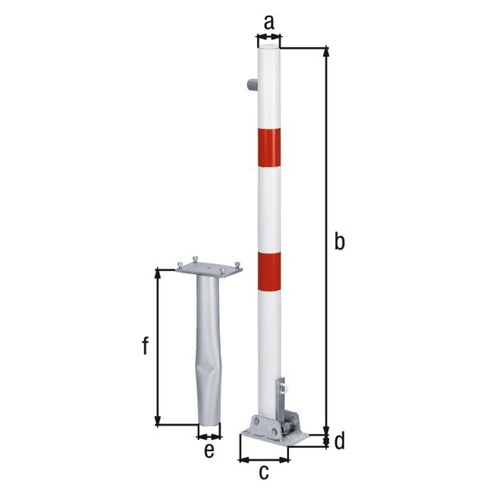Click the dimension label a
point(268,22)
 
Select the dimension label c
point(263,473)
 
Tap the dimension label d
point(338,442)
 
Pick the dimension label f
point(145,347)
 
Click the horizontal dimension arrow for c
point(263,459)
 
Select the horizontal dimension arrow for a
point(268,36)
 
